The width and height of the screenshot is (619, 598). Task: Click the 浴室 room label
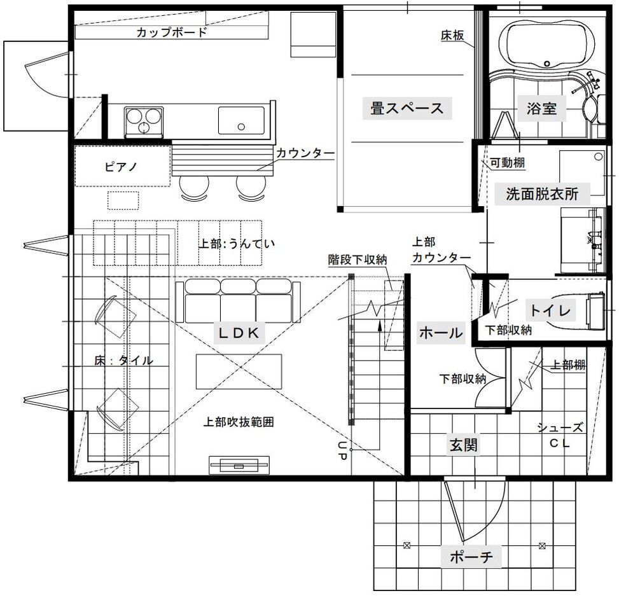point(541,108)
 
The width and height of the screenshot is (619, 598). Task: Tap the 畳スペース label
point(407,108)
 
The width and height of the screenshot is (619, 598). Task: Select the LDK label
point(239,333)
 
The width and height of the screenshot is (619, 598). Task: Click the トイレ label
point(550,310)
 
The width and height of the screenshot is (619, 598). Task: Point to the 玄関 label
point(464,445)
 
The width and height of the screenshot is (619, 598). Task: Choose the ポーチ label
point(471,557)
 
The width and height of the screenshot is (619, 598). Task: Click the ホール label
point(441,333)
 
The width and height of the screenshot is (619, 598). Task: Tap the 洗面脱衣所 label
point(542,194)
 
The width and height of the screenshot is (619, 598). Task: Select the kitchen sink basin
point(241,120)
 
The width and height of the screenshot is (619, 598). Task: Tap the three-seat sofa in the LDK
point(238,301)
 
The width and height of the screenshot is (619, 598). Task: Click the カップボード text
point(172,32)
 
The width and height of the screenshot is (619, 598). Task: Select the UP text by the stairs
point(342,450)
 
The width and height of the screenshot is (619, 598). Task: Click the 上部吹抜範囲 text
point(239,422)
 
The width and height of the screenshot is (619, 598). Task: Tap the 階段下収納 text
point(358,260)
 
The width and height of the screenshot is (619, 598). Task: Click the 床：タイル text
point(123,360)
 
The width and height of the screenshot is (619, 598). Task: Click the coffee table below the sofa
point(239,372)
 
